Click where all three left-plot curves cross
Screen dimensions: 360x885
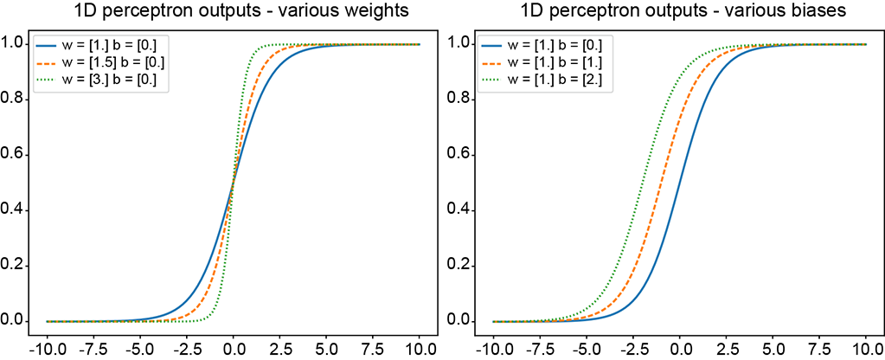(234, 183)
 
